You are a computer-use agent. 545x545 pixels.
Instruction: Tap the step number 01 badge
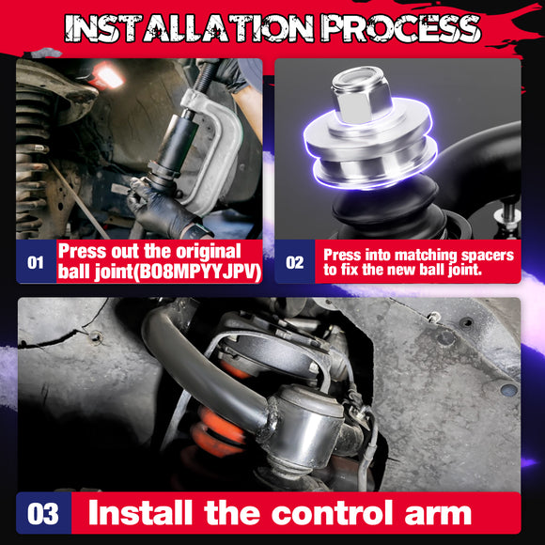[x=35, y=263]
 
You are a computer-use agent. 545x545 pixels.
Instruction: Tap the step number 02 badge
[x=295, y=263]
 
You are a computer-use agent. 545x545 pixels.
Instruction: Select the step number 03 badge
[x=43, y=514]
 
